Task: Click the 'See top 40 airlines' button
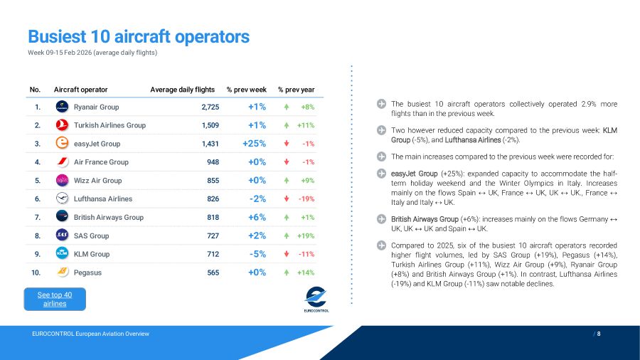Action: tap(55, 299)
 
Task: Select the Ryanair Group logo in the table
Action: tap(62, 107)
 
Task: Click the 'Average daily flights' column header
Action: tap(182, 90)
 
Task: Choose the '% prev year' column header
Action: tap(296, 90)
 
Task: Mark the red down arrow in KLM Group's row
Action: tap(286, 254)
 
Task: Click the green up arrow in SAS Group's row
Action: tap(286, 235)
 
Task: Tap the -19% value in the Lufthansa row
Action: tap(306, 199)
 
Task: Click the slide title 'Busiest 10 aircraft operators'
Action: tap(139, 36)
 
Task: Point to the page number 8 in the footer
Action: tap(599, 334)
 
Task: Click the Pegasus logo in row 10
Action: tap(62, 272)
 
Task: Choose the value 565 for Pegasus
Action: tap(213, 272)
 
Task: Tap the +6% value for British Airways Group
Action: tap(257, 217)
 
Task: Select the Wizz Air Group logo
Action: tap(62, 181)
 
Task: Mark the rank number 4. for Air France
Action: tap(36, 162)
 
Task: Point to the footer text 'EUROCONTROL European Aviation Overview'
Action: tap(90, 334)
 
